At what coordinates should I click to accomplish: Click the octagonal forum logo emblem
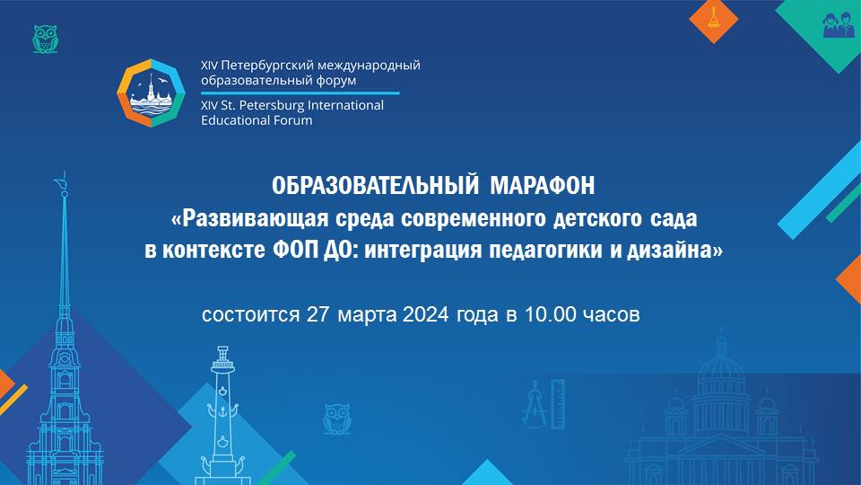(x=152, y=93)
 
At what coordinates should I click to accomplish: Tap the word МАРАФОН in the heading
(x=542, y=186)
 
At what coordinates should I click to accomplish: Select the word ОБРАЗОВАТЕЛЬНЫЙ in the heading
(x=376, y=186)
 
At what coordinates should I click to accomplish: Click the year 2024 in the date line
(x=425, y=314)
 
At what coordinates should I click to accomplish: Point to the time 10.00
(x=550, y=314)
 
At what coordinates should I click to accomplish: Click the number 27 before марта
(x=317, y=314)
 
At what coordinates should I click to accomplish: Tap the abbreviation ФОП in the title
(x=295, y=251)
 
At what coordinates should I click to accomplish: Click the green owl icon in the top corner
(x=45, y=39)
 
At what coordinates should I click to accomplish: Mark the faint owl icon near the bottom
(x=336, y=419)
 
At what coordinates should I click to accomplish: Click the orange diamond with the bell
(x=713, y=21)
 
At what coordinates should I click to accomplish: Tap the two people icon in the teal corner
(x=839, y=26)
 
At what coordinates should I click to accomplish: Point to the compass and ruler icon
(x=543, y=404)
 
